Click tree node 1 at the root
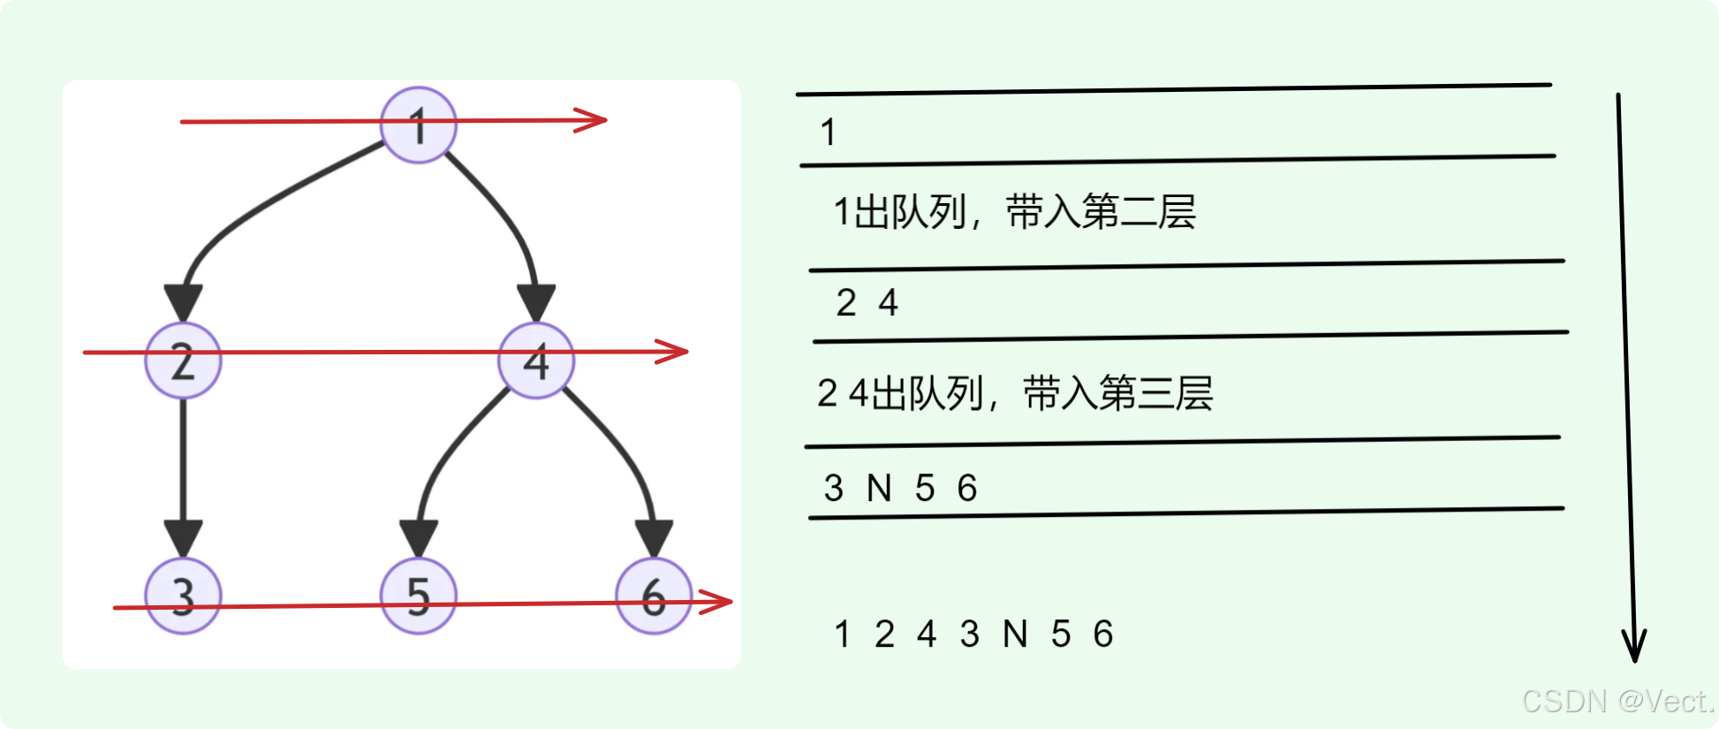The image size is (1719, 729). [x=419, y=125]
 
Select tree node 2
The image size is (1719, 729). [x=183, y=361]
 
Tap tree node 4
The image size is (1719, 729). [x=536, y=361]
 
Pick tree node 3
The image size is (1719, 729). [x=183, y=596]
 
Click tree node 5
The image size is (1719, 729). [x=419, y=596]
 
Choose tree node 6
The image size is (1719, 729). [x=654, y=596]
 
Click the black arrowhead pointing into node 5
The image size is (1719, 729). [x=419, y=537]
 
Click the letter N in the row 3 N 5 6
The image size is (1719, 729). [x=879, y=489]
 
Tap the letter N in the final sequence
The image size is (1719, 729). [x=1015, y=634]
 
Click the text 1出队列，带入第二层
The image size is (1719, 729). [x=1014, y=213]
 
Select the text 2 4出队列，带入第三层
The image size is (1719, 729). [x=1015, y=393]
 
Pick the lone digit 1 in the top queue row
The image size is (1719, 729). [x=828, y=133]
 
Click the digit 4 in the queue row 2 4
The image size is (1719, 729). [x=889, y=303]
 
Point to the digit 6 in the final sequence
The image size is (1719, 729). [x=1103, y=634]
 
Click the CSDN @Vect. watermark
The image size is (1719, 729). [x=1617, y=701]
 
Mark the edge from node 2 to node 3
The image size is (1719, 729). [x=183, y=468]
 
